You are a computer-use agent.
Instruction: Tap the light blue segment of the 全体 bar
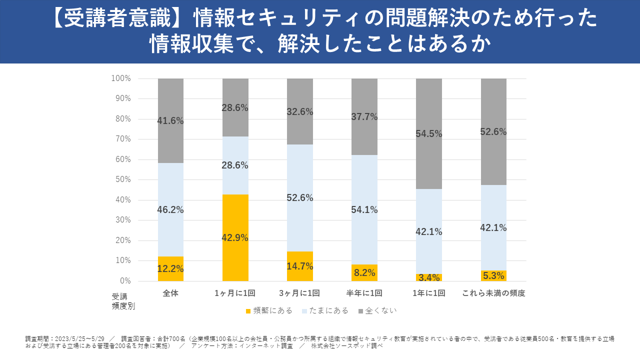[170, 190]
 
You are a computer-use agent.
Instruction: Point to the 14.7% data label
[300, 266]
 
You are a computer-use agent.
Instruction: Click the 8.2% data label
[364, 272]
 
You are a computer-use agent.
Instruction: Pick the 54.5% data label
[429, 134]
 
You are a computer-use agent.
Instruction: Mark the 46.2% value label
[170, 210]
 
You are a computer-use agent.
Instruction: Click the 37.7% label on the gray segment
[364, 117]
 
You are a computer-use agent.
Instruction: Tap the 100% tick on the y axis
[121, 78]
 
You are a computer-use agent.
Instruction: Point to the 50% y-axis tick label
[122, 179]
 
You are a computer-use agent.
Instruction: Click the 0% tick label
[124, 281]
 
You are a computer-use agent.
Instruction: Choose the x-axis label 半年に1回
[364, 293]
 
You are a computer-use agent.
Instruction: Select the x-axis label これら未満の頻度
[493, 293]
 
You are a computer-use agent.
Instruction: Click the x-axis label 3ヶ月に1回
[300, 293]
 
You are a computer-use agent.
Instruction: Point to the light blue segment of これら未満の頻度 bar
[493, 210]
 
